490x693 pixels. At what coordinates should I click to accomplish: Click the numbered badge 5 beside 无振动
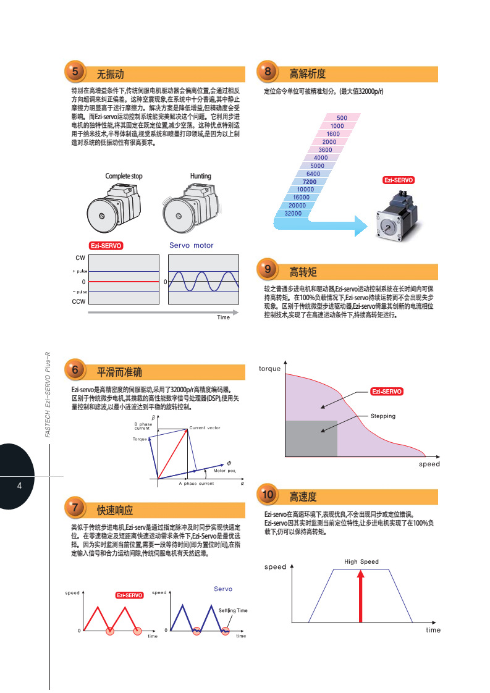tap(75, 72)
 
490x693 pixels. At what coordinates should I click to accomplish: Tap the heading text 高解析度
tap(307, 74)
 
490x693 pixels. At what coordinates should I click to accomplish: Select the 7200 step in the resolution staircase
tap(310, 182)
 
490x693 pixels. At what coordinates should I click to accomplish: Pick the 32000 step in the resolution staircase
tap(293, 213)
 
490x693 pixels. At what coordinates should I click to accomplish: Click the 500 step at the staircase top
tap(342, 117)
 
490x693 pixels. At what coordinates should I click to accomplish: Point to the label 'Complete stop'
tap(124, 176)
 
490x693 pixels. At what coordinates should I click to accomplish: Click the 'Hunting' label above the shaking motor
tap(200, 176)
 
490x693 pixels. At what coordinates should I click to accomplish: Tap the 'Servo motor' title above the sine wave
tap(191, 245)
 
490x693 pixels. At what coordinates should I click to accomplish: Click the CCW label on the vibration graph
tap(78, 301)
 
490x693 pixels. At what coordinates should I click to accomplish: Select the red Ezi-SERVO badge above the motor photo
tap(398, 180)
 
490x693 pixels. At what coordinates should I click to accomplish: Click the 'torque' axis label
tap(269, 369)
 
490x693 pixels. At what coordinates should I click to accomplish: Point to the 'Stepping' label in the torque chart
tap(382, 416)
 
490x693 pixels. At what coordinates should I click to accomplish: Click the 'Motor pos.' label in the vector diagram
tap(224, 471)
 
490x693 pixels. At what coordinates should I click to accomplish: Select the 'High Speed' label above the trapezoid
tap(361, 561)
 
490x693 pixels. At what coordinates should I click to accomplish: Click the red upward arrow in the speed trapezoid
tap(361, 596)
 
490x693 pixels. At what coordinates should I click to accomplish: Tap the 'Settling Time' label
tap(232, 610)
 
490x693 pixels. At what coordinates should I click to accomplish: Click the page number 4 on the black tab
tap(19, 485)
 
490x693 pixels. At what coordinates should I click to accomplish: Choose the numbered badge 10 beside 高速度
tap(268, 495)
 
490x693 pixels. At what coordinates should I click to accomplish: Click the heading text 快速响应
tap(115, 510)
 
